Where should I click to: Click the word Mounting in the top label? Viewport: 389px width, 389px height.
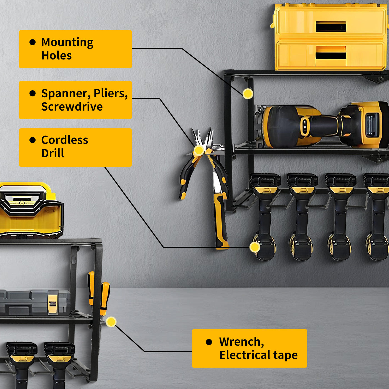point(67,43)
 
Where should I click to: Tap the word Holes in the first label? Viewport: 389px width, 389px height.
point(56,56)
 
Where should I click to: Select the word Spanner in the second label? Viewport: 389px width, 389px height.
point(66,94)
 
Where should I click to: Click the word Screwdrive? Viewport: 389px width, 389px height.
point(72,106)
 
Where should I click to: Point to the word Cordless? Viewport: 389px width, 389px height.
point(64,140)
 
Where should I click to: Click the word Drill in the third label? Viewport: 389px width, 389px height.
point(53,153)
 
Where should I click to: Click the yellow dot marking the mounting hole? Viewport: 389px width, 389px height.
point(248,94)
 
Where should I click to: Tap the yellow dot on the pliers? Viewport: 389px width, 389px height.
point(199,150)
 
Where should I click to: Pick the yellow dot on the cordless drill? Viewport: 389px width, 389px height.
point(255,247)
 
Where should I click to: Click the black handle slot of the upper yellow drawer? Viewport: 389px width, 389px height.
point(331,26)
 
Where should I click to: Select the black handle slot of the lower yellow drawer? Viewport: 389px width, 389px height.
point(331,56)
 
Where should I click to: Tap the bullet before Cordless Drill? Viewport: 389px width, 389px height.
point(33,140)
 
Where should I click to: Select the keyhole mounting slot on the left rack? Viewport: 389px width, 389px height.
point(74,260)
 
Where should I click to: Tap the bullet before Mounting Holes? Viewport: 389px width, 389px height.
point(33,42)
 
